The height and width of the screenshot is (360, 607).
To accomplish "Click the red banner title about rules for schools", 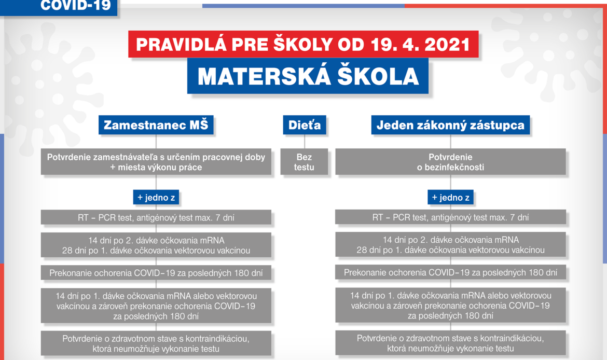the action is (303, 44).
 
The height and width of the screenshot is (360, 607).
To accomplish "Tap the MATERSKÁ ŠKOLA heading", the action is (308, 76).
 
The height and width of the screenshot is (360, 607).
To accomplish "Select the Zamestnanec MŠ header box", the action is (156, 125).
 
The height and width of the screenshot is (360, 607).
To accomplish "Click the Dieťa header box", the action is (304, 125).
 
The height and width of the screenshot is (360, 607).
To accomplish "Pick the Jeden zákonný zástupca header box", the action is (450, 125).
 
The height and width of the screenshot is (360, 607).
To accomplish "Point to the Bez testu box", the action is (304, 162).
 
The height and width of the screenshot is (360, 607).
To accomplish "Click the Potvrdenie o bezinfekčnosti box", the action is (450, 162).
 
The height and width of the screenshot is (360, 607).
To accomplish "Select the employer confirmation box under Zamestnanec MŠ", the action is (156, 162).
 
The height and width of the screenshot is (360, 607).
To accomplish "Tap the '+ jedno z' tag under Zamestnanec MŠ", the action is (156, 198).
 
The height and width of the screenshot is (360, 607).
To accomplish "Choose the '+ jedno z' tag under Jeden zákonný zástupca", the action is (450, 198).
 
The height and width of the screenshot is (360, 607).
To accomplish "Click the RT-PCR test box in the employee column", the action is (156, 217).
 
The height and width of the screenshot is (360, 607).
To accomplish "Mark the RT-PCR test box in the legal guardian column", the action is (450, 217).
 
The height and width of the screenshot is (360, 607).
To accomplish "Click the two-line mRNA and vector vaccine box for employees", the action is (156, 245).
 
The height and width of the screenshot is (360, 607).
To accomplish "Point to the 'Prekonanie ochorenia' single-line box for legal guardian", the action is (450, 272).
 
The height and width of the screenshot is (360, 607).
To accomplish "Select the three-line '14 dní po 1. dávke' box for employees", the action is (156, 306).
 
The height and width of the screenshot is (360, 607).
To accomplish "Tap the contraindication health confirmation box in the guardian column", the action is (450, 343).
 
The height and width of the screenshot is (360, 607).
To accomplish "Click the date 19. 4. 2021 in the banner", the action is (420, 45).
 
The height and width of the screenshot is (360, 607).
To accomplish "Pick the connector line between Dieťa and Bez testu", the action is (304, 142).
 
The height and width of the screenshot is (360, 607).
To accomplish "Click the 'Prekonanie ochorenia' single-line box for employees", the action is (156, 273).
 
